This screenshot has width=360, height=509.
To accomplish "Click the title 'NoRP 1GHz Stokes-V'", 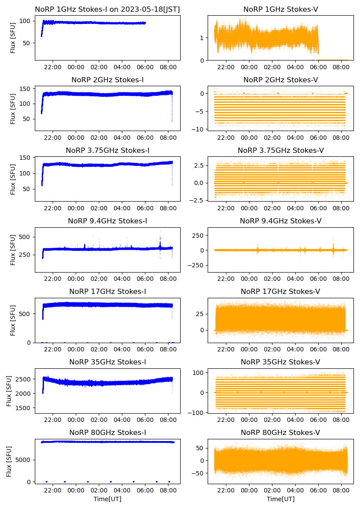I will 280,9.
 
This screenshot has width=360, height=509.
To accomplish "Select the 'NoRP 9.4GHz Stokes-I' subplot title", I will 108,221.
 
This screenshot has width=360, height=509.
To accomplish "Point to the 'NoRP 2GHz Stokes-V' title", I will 280,80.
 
